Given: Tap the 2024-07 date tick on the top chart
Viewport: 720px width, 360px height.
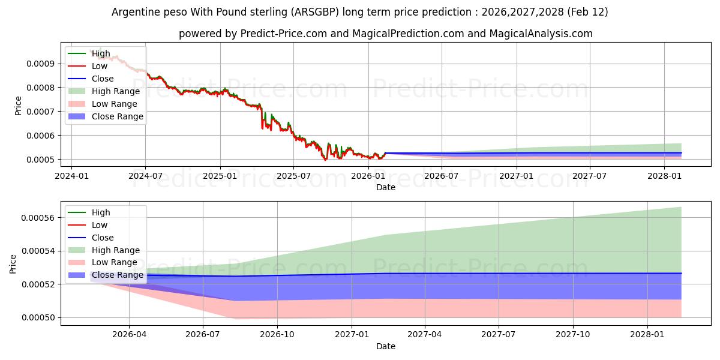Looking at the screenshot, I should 145,176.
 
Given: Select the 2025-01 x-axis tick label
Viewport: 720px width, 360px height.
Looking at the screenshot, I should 220,176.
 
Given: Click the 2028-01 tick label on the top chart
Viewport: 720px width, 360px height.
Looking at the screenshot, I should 664,176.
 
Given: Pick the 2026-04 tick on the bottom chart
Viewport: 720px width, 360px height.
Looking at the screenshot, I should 129,334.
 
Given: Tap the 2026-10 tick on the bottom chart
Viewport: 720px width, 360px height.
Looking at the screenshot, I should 277,334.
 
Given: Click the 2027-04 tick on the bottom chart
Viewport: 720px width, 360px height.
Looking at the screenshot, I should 425,334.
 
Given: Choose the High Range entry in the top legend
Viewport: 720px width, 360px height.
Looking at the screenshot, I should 115,91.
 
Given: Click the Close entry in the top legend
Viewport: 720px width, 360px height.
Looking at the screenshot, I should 103,79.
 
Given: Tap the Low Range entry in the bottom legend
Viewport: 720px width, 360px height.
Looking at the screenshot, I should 114,262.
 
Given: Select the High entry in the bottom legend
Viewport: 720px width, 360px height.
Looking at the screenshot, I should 101,212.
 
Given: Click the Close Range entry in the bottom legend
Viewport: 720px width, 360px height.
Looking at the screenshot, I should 117,275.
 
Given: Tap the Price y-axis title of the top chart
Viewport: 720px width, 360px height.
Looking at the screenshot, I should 18,106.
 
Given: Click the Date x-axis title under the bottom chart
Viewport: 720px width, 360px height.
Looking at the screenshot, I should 385,346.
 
